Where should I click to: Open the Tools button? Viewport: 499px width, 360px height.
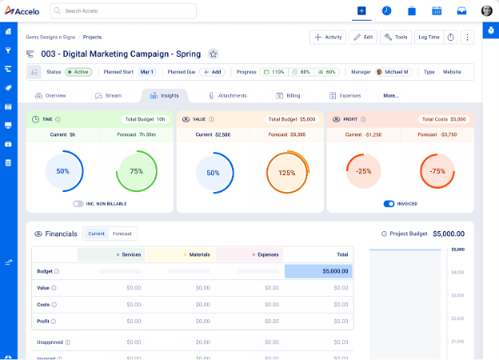(396, 37)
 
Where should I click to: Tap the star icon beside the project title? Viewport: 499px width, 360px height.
(213, 54)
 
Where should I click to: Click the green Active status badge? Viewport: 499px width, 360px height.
(78, 72)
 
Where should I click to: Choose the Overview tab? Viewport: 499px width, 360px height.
(50, 95)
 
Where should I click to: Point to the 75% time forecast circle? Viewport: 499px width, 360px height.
(137, 171)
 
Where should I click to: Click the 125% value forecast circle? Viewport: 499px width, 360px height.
(287, 172)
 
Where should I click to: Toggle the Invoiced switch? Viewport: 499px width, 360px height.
(389, 204)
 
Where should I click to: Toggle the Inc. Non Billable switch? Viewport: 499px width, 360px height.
(78, 204)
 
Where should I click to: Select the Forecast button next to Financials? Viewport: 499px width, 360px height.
(122, 234)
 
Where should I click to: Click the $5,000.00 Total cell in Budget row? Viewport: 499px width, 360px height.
(318, 271)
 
